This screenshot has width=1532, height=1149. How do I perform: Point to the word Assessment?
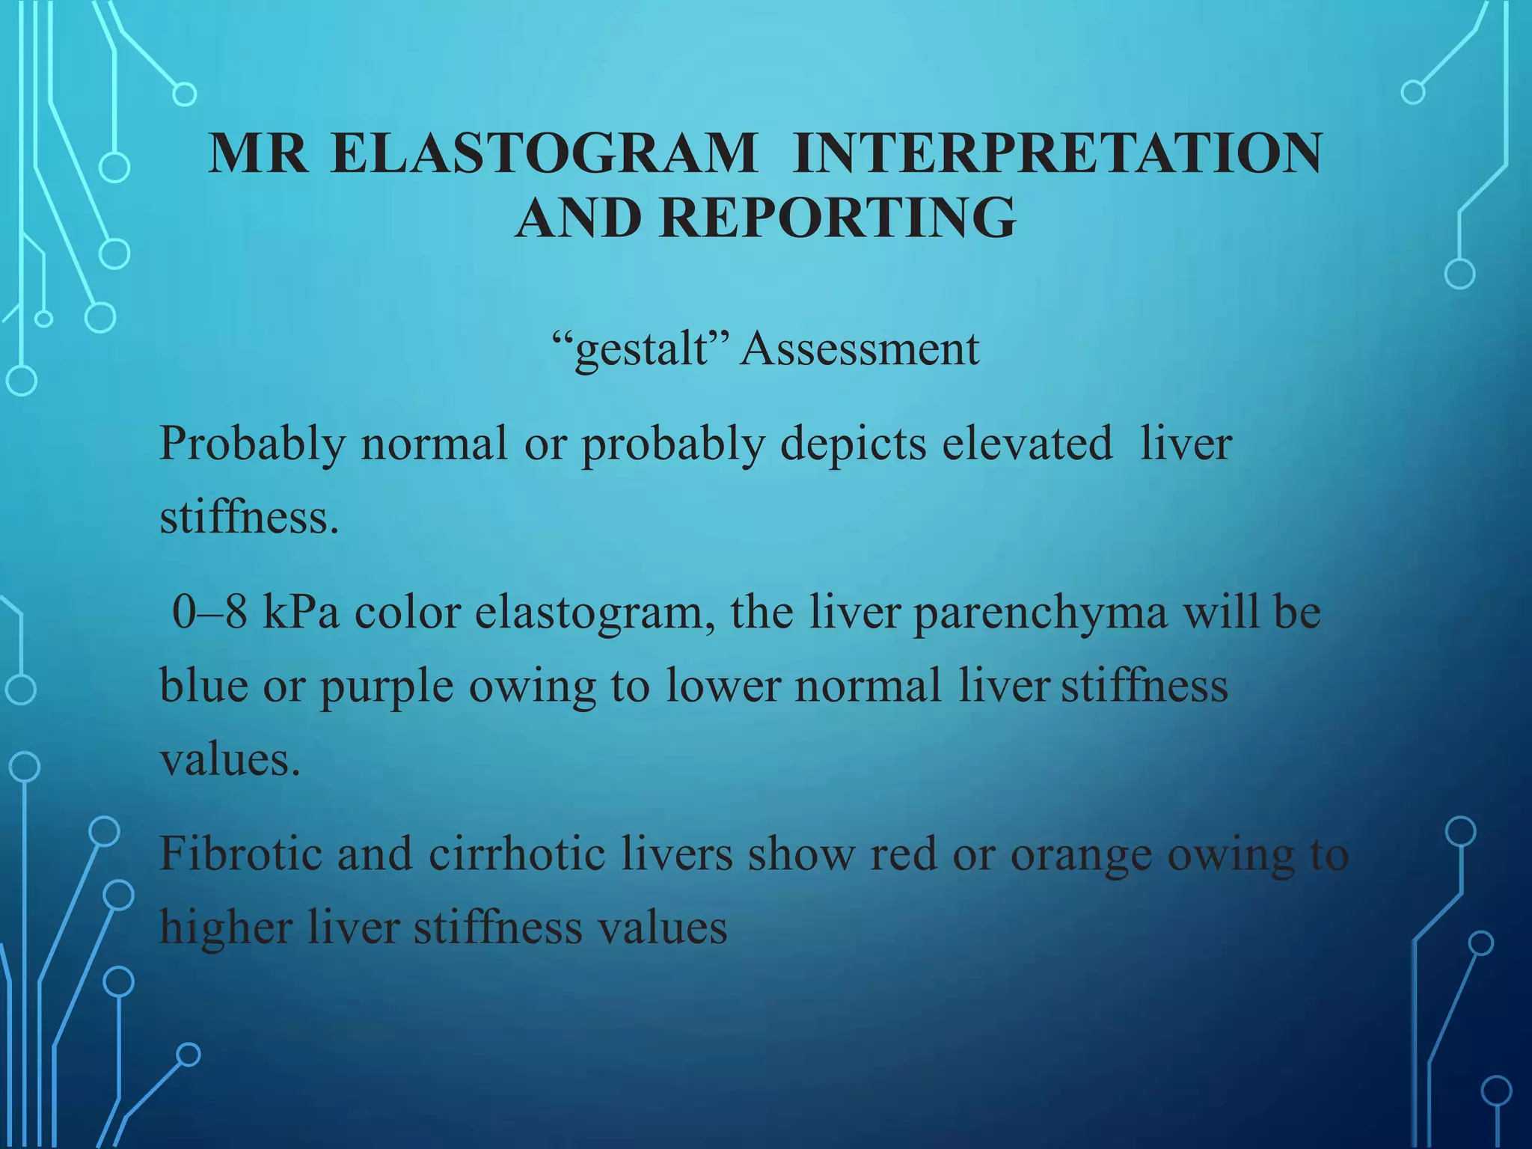[x=859, y=349]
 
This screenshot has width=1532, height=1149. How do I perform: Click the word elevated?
[x=1027, y=444]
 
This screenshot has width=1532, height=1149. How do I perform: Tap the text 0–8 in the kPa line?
[x=209, y=612]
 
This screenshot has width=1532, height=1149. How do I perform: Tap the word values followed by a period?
[x=229, y=760]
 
